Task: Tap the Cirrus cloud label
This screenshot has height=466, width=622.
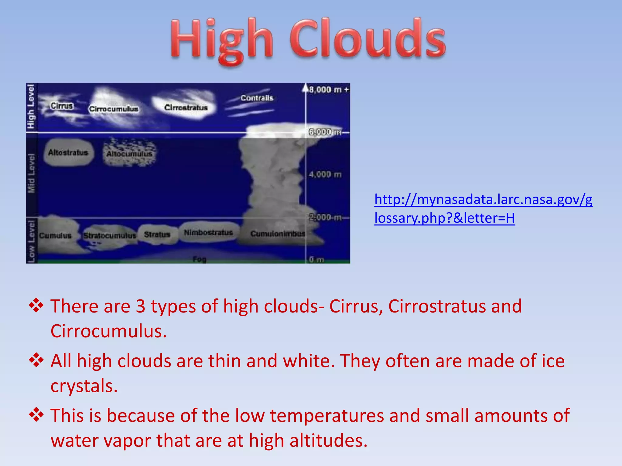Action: [62, 106]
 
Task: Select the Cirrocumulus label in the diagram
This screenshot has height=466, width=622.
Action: [114, 109]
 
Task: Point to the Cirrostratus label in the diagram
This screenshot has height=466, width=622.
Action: [186, 108]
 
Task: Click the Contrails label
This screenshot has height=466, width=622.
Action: [257, 98]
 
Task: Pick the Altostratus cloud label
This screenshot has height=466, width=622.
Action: [68, 152]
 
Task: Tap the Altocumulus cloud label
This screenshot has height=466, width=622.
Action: [129, 154]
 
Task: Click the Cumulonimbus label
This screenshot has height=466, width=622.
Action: [277, 234]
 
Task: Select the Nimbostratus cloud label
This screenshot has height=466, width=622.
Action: [208, 233]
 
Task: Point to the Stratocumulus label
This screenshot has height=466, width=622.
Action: [110, 236]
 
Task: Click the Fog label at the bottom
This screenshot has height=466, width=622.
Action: [199, 259]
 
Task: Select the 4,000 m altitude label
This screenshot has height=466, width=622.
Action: [325, 174]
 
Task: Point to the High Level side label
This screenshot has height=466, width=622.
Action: [31, 106]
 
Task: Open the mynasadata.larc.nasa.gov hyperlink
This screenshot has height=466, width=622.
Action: [483, 209]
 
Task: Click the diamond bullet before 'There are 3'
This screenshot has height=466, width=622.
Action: [36, 306]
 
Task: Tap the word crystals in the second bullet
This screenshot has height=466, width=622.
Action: [84, 386]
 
